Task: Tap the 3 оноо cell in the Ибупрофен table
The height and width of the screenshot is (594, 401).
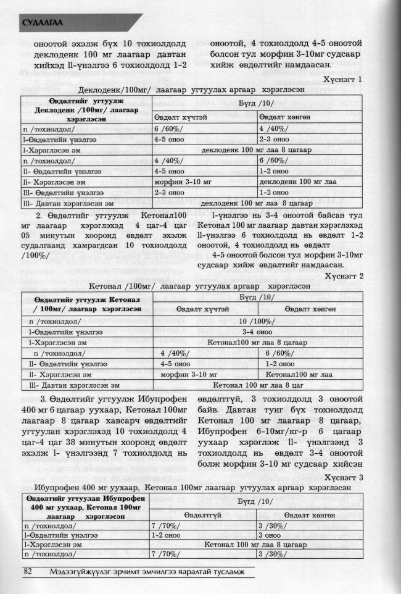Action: (267, 535)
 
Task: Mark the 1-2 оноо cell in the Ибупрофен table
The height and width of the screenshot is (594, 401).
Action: (165, 535)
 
